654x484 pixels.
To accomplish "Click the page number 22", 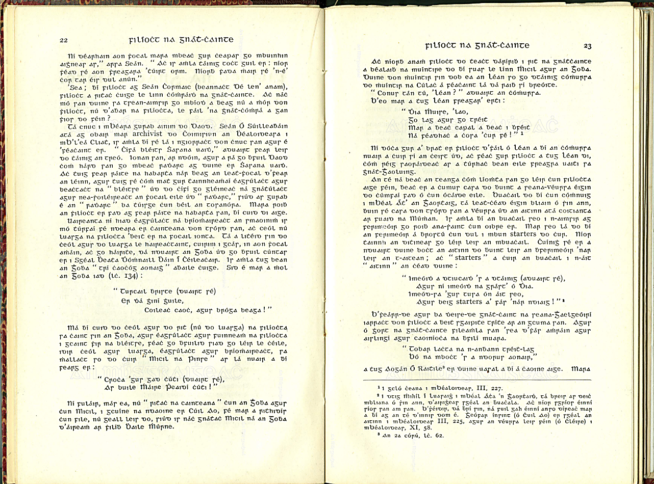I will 64,40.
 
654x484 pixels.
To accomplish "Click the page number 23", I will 587,46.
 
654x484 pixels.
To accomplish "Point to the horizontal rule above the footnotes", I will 476,380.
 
